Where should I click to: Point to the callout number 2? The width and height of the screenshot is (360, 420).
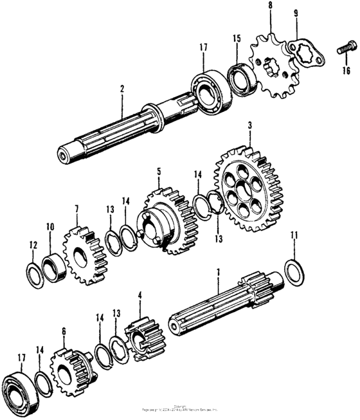(120, 93)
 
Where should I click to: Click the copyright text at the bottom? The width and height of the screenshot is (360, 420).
(180, 408)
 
